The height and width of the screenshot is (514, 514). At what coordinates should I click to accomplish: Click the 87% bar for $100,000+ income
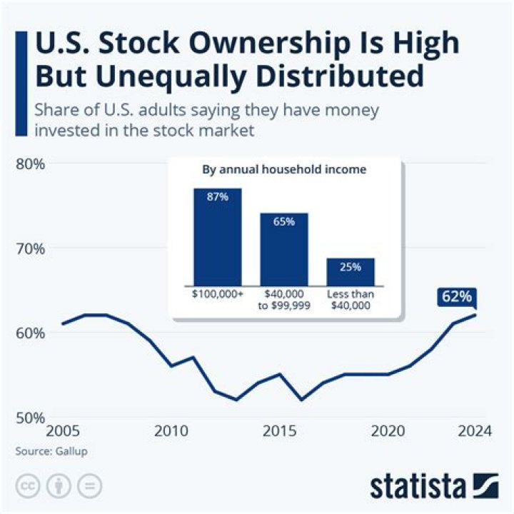(x=217, y=236)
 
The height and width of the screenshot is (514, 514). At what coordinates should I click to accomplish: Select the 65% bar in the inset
(x=283, y=248)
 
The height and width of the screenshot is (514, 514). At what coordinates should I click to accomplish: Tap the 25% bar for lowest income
(x=351, y=271)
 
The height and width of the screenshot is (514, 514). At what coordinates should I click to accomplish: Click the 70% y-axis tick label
(x=30, y=248)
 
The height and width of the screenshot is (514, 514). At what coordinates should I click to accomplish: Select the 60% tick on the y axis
(x=30, y=333)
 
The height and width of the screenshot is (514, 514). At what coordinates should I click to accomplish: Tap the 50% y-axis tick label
(x=30, y=418)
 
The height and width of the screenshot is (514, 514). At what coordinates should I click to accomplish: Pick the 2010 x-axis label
(x=171, y=432)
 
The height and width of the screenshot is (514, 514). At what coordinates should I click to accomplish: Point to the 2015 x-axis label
(x=281, y=432)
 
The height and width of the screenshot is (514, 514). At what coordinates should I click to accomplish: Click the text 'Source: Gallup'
(x=45, y=452)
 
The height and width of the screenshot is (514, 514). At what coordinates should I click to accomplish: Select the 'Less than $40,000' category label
(x=351, y=299)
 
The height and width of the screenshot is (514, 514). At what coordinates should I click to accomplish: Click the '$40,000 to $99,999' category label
(x=283, y=299)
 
